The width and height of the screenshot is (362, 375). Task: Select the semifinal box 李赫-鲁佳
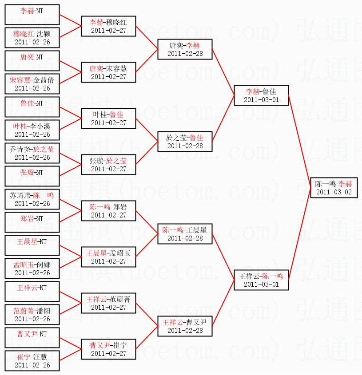262,95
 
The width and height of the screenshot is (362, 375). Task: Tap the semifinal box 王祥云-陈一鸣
262,280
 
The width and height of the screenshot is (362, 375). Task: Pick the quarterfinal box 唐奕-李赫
185,49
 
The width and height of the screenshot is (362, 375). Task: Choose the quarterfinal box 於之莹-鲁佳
185,142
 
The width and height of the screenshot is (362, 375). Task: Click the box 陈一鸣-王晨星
185,234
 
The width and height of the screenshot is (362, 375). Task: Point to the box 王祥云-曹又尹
185,326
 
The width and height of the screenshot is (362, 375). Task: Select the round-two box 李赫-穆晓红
108,26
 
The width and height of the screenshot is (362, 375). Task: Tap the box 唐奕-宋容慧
108,72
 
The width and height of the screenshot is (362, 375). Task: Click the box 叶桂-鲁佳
108,118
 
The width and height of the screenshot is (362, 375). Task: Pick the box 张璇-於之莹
108,164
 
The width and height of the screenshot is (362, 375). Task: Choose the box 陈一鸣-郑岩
108,210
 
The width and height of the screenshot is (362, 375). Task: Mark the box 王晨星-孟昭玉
108,257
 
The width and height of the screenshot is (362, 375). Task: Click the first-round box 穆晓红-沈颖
32,38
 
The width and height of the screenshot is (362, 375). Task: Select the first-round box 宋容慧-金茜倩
32,84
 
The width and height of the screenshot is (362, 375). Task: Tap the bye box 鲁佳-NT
32,107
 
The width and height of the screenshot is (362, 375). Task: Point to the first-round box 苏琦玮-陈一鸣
32,199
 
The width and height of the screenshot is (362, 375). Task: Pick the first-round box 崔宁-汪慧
32,360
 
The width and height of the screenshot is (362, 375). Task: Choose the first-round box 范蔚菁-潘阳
32,314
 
